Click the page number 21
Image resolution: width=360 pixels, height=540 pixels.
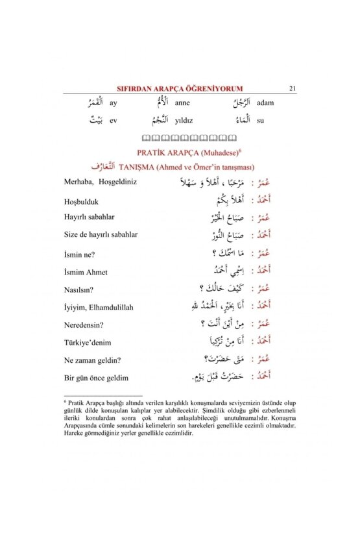point(293,89)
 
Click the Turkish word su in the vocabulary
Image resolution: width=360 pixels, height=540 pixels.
point(261,120)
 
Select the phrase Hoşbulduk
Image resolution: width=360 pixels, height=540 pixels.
point(82,202)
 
